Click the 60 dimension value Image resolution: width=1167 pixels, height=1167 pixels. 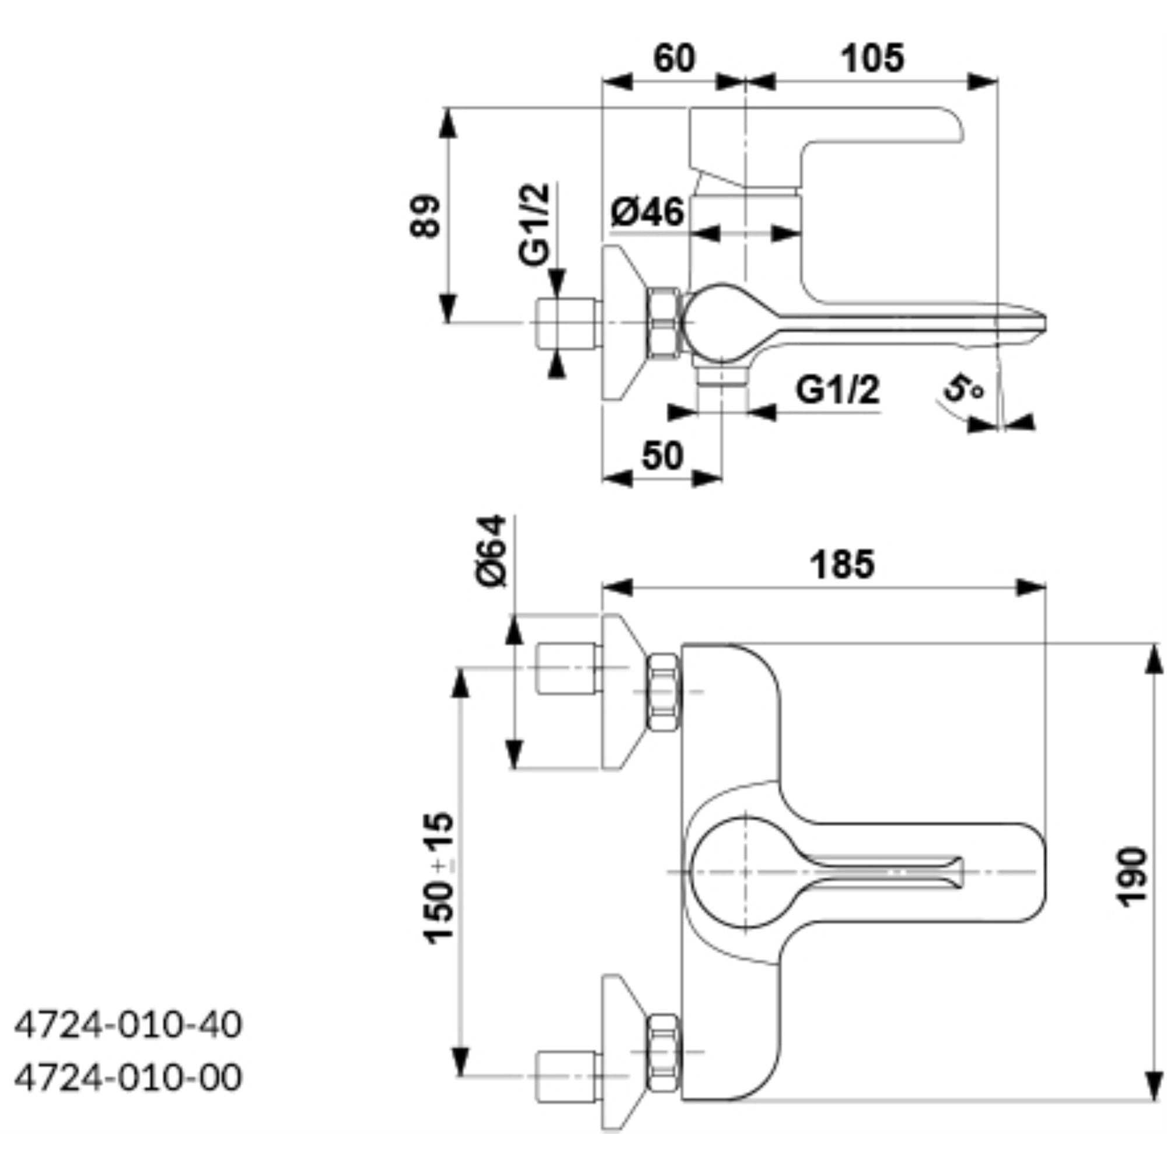674,59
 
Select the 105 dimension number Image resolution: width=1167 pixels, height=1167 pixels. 873,59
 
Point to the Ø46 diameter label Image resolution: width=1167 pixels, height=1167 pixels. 647,212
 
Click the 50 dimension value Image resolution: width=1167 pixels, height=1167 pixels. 662,455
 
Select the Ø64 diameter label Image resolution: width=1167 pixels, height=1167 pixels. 491,550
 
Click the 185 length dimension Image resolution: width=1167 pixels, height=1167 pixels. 842,565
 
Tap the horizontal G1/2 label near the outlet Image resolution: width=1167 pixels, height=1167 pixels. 837,390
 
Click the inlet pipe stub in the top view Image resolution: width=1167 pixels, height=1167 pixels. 566,323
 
